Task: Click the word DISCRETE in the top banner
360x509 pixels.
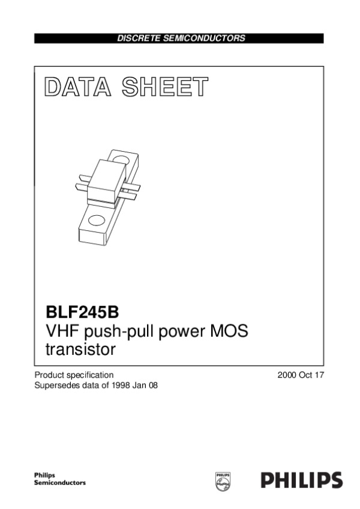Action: pyautogui.click(x=139, y=38)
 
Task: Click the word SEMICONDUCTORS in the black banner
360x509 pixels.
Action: pyautogui.click(x=204, y=38)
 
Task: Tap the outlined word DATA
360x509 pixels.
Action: pyautogui.click(x=78, y=87)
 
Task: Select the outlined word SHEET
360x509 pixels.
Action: pyautogui.click(x=165, y=87)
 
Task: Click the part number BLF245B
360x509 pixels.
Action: pyautogui.click(x=82, y=312)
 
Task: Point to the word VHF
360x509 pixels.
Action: pyautogui.click(x=62, y=331)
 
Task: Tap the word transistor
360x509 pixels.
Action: pyautogui.click(x=80, y=350)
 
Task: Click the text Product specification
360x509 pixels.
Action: pyautogui.click(x=74, y=375)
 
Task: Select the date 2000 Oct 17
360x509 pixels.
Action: pyautogui.click(x=301, y=375)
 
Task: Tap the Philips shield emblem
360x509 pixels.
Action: pyautogui.click(x=223, y=481)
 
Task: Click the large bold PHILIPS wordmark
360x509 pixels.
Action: pyautogui.click(x=302, y=480)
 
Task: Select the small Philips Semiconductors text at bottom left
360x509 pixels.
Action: pyautogui.click(x=60, y=479)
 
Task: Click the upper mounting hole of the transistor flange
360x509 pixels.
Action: pyautogui.click(x=121, y=159)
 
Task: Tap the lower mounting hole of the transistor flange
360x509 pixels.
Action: pyautogui.click(x=97, y=221)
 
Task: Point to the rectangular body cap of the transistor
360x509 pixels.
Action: pyautogui.click(x=106, y=181)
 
